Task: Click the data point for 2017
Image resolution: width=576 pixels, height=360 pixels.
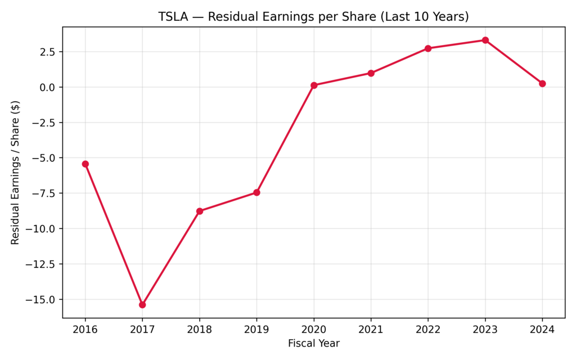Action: click(142, 304)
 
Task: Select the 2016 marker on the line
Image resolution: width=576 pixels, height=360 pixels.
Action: click(85, 164)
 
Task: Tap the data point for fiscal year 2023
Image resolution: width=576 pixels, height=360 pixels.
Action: click(485, 40)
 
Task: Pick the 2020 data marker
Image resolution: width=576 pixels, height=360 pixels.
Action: click(314, 85)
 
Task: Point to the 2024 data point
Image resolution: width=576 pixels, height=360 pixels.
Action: click(542, 83)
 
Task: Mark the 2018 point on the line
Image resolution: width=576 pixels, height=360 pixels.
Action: click(200, 211)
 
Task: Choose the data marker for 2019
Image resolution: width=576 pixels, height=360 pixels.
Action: click(256, 192)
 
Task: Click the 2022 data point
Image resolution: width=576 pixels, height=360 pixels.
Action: click(428, 48)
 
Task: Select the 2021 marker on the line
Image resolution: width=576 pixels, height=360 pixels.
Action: click(371, 73)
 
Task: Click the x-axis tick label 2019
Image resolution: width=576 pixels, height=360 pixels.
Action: click(256, 329)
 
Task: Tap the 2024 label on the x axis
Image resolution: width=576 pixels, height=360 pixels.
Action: click(542, 329)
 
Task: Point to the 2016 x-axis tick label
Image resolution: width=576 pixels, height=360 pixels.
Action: click(85, 329)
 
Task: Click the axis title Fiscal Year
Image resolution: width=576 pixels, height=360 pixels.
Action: click(313, 343)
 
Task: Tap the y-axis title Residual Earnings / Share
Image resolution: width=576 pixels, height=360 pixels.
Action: click(15, 172)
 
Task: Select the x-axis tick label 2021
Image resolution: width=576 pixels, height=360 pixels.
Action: click(371, 329)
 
